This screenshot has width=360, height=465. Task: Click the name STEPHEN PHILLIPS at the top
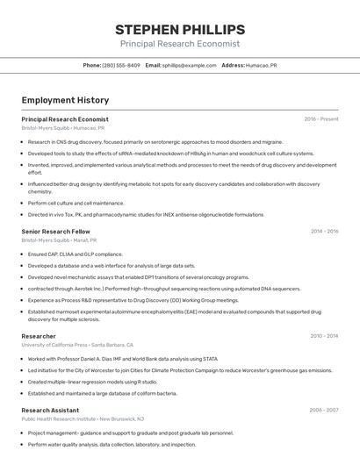[x=179, y=29]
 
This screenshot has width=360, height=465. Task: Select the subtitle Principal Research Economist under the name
[x=179, y=44]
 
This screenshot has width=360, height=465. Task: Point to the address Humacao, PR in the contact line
[x=262, y=65]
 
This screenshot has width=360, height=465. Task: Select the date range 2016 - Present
[x=321, y=119]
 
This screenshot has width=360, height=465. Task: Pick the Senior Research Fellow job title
[x=55, y=232]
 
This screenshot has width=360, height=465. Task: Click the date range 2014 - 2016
[x=324, y=232]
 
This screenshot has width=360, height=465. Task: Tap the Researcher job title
[x=39, y=336]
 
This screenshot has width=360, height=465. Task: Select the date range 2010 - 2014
[x=324, y=336]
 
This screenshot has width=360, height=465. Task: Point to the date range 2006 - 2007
[x=324, y=410]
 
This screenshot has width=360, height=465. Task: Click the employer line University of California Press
[x=77, y=345]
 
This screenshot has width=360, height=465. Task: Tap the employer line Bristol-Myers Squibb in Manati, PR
[x=59, y=240]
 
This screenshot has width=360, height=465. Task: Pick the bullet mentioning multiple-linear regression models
[x=92, y=382]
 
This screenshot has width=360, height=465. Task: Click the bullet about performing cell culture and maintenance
[x=76, y=203]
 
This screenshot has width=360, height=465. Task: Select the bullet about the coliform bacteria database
[x=102, y=393]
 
